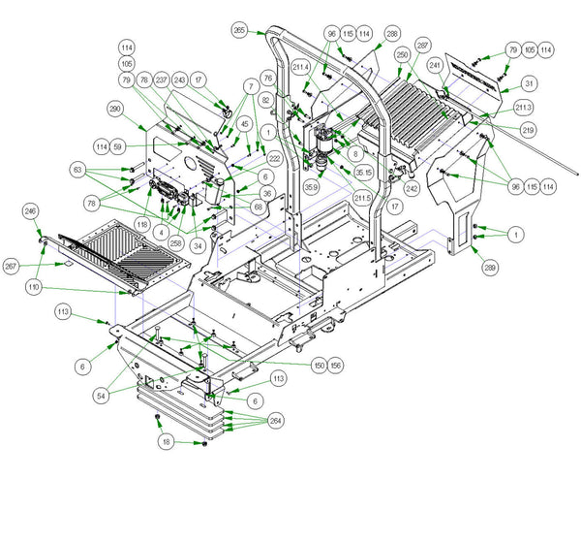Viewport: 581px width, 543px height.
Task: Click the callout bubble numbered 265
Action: pos(240,30)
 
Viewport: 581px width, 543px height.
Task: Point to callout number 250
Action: pos(403,57)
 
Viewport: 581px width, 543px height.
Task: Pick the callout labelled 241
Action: pos(436,66)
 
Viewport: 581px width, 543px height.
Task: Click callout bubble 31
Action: pos(529,83)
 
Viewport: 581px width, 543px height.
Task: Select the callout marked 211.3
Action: pos(524,107)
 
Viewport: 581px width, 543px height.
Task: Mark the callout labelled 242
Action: pos(412,188)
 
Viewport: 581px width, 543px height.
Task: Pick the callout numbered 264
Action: pos(276,421)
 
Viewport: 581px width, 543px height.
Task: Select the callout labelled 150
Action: pos(319,365)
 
